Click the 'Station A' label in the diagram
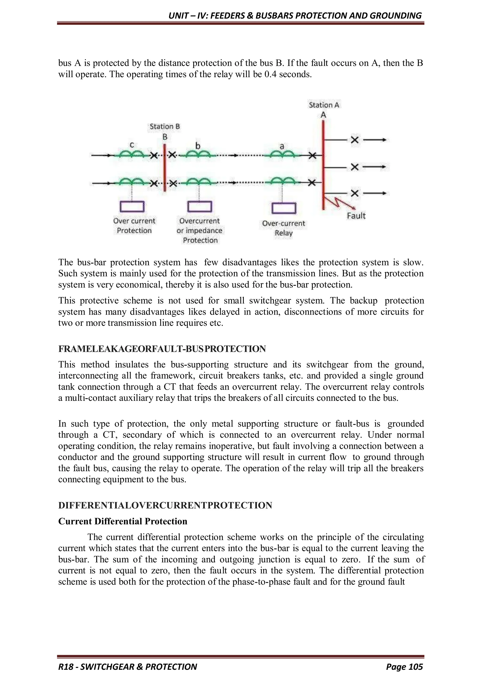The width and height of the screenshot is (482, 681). tap(324, 105)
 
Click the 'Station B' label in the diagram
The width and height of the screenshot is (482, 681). tap(165, 127)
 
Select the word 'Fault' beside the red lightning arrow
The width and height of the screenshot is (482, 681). tap(356, 216)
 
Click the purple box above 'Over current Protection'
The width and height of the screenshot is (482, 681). tap(132, 207)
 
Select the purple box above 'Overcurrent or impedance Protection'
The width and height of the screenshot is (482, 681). tap(200, 207)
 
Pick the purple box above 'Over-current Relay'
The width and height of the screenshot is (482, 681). tap(284, 208)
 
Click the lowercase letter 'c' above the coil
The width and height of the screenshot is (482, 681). tap(132, 145)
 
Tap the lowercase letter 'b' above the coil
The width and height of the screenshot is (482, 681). tap(198, 146)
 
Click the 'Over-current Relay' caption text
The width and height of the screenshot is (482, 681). tap(283, 228)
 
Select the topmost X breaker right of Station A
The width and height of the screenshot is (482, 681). tap(355, 140)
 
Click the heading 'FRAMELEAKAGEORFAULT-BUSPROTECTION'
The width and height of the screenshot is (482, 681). tap(162, 349)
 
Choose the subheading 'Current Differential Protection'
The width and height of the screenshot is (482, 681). tap(123, 522)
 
